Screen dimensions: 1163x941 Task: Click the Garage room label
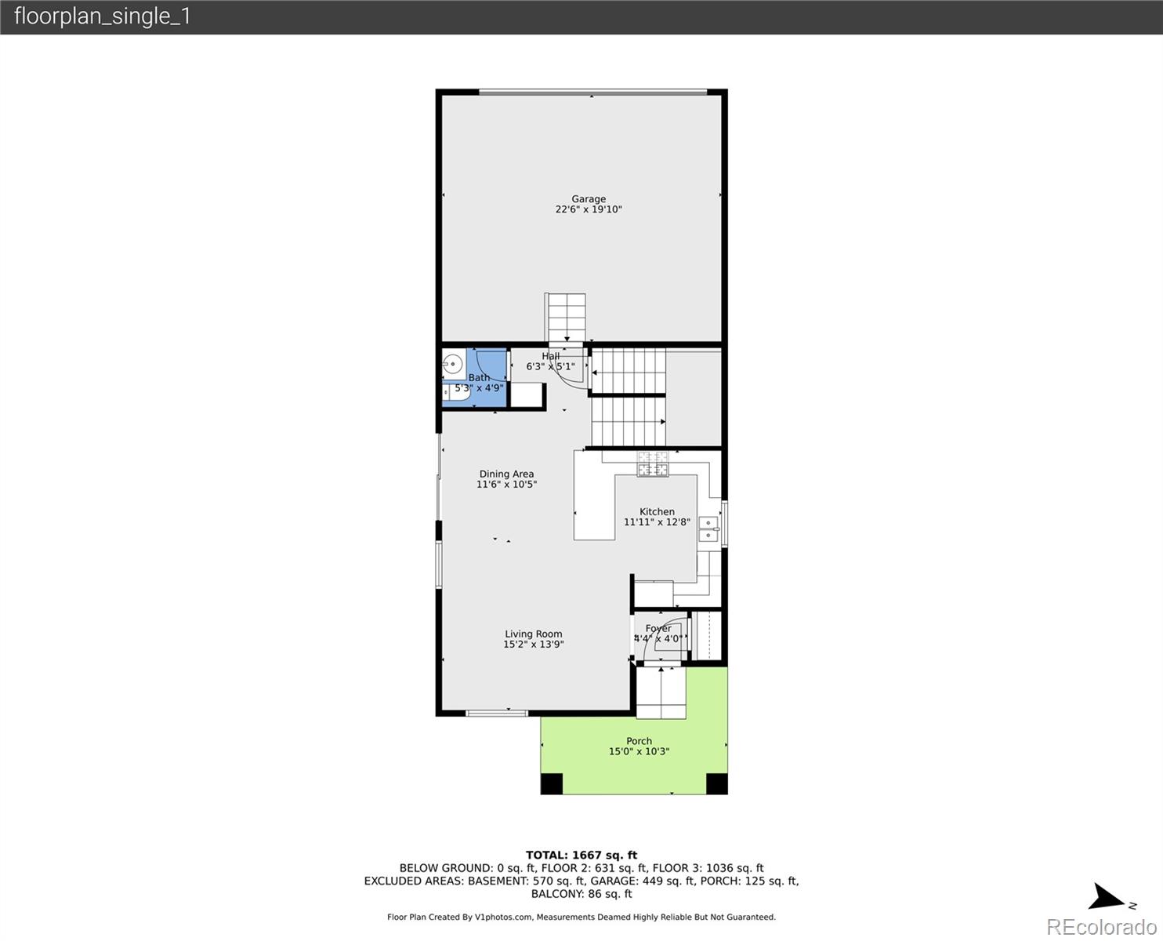[589, 199]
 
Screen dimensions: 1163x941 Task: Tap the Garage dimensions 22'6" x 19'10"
[589, 209]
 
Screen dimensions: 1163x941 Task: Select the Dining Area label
[507, 474]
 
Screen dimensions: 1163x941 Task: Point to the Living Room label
[534, 634]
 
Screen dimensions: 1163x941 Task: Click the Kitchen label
[657, 512]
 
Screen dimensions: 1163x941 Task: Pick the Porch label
[639, 741]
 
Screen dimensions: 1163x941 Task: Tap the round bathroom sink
[453, 365]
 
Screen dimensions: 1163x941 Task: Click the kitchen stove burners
[653, 464]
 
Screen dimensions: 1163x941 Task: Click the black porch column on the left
[552, 783]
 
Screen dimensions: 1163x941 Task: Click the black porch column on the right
[717, 783]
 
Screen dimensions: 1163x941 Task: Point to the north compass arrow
[1105, 897]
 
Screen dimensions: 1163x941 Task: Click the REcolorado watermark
[1101, 927]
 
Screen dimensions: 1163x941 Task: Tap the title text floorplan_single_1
[103, 16]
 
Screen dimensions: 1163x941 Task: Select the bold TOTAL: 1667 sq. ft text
[581, 856]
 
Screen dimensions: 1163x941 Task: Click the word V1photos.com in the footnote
[503, 917]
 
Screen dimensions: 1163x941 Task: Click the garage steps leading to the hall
[566, 318]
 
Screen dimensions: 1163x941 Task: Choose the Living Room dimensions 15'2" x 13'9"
[534, 645]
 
